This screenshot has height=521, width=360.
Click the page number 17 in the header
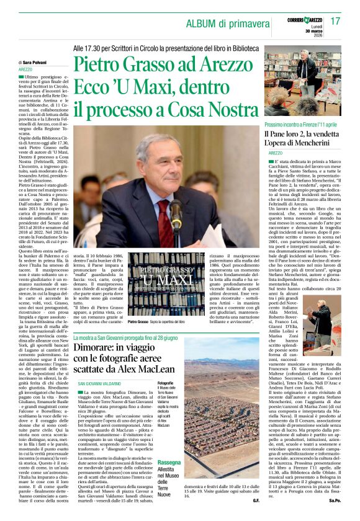[335, 22]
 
